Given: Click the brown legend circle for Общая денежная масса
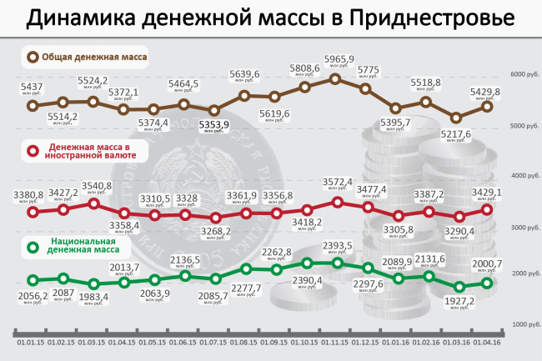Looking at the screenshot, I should pos(33,57).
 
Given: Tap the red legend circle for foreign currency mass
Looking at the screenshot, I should pos(33,151).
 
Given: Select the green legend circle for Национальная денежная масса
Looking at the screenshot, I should pos(33,246).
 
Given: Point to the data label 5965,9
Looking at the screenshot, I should pos(339,59).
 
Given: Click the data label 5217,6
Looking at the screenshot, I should pos(454,133).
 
